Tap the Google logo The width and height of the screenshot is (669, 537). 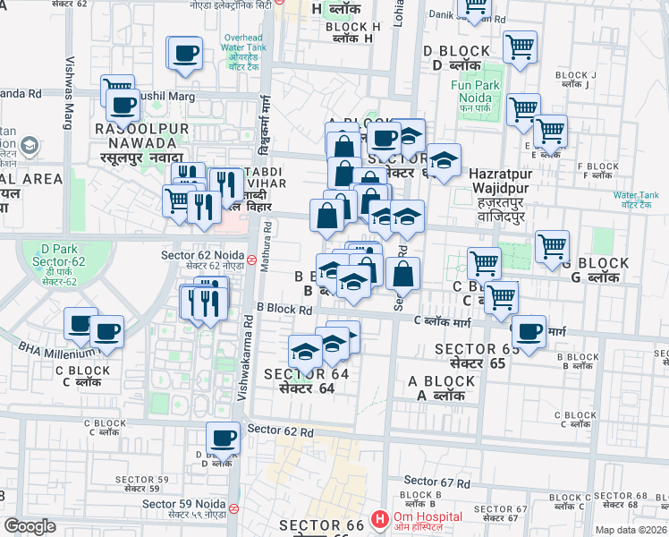(x=30, y=526)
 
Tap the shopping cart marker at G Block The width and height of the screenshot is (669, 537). (x=553, y=245)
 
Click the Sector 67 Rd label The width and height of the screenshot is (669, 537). (x=436, y=482)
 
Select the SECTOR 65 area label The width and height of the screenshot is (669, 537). (x=470, y=356)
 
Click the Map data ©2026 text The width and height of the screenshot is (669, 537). (x=631, y=530)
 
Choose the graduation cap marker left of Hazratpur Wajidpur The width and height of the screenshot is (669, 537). (x=443, y=162)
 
